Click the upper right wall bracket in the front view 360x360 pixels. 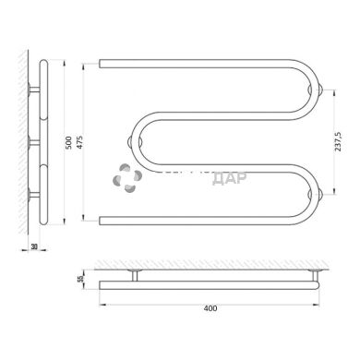tap(318, 90)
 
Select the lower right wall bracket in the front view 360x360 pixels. tap(318, 194)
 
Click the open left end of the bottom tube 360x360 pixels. tap(102, 220)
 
